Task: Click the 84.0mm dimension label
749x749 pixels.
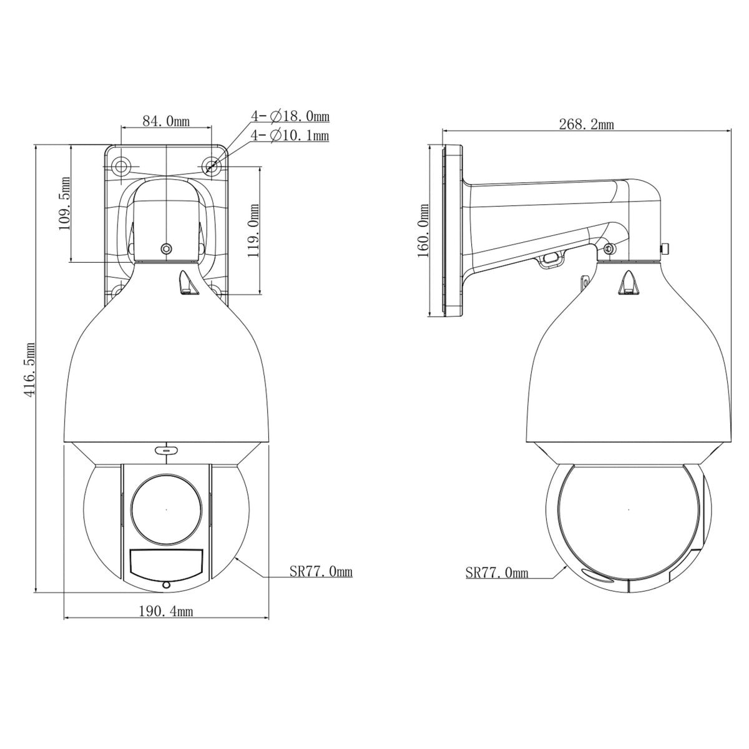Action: click(166, 121)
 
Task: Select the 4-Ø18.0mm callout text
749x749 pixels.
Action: click(290, 116)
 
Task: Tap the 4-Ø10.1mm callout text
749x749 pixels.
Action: click(290, 135)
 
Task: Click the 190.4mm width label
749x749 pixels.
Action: click(165, 612)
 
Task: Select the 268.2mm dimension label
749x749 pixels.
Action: click(586, 124)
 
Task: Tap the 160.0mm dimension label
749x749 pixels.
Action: click(424, 230)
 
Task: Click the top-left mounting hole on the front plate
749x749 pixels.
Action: click(120, 165)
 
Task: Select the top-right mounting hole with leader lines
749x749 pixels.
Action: click(212, 165)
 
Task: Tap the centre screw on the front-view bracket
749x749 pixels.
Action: click(166, 249)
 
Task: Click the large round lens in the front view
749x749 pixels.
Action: click(167, 509)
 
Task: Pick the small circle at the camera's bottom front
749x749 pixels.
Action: click(166, 585)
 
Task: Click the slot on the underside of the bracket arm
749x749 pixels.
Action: click(549, 257)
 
